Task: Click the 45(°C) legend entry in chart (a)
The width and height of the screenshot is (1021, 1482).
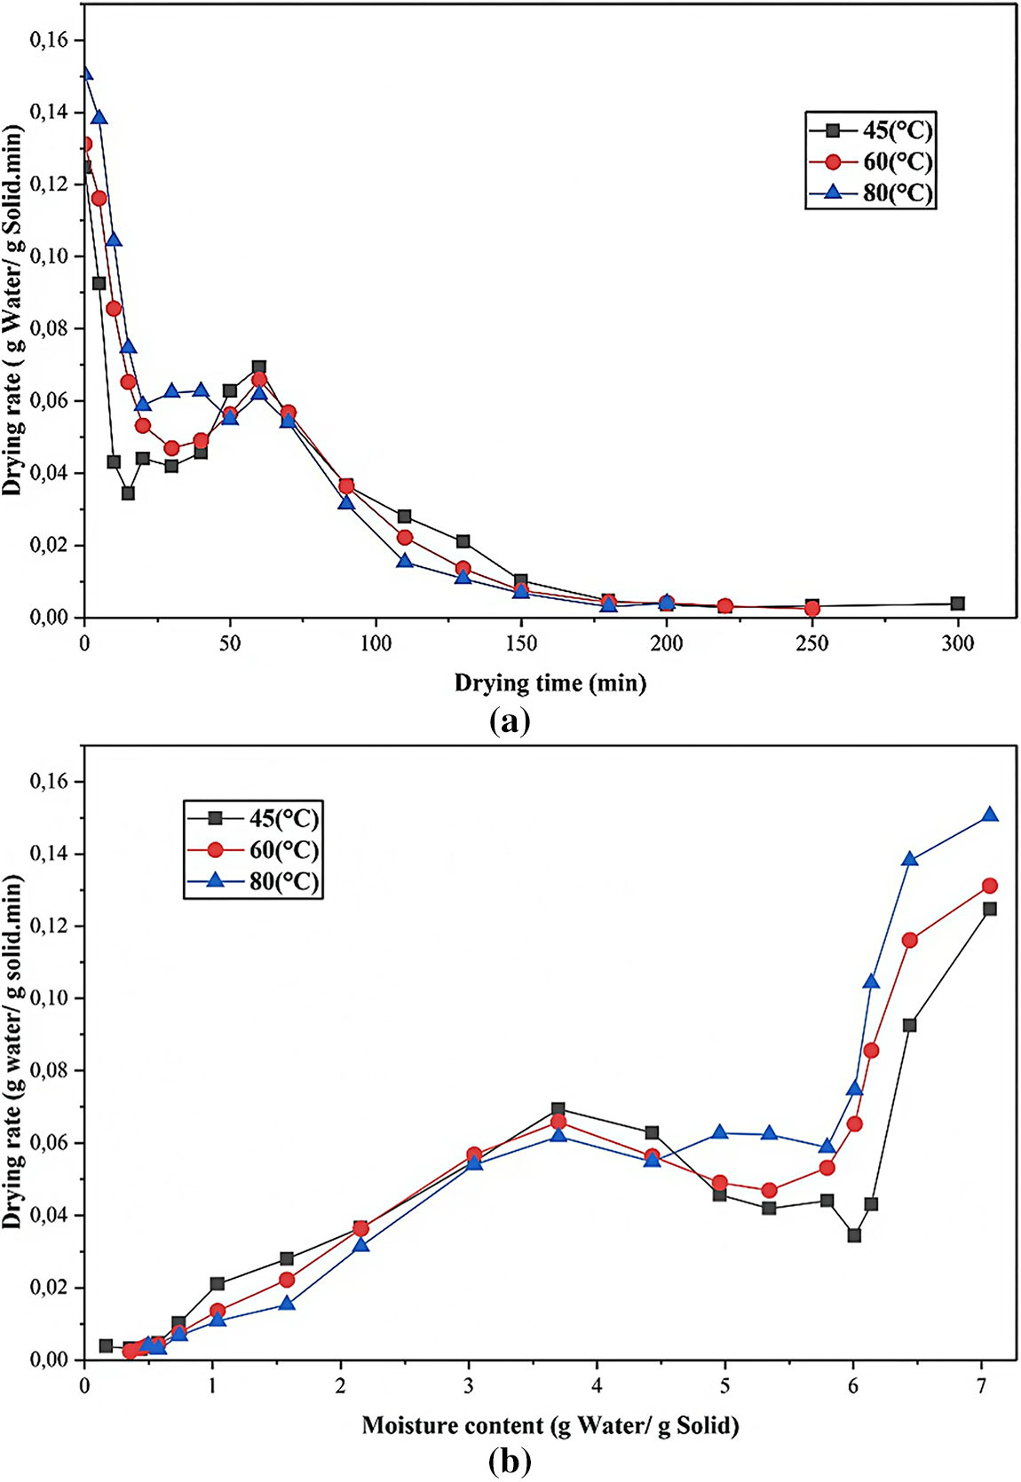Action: tap(897, 130)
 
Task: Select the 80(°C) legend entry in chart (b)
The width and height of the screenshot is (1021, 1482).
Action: tap(283, 882)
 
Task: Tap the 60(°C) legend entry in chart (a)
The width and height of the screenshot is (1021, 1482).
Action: tap(897, 162)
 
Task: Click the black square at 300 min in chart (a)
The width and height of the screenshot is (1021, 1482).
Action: tap(957, 603)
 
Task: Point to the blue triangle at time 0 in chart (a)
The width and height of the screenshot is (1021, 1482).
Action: tap(85, 73)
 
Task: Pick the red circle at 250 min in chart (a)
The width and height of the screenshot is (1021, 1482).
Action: tap(811, 609)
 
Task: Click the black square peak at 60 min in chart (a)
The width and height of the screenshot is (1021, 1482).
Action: tap(258, 367)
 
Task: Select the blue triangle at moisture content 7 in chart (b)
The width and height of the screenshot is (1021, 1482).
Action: tap(990, 815)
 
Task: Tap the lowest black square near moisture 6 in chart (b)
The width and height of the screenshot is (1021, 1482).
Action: tap(854, 1235)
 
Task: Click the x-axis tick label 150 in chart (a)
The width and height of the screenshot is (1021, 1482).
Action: tap(521, 643)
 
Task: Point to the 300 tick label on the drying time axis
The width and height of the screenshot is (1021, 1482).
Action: tap(957, 643)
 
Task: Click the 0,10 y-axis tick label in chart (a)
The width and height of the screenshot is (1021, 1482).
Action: tap(49, 256)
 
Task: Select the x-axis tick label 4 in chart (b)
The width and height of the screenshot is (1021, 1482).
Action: tap(597, 1386)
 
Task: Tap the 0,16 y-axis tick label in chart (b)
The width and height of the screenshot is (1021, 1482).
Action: tap(49, 782)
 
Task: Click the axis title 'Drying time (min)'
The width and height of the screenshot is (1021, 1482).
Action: tap(550, 683)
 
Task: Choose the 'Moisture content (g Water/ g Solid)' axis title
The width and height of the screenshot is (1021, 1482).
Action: tap(550, 1426)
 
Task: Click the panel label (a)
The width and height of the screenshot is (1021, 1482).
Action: tap(510, 721)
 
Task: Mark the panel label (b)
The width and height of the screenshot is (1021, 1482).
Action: tap(510, 1461)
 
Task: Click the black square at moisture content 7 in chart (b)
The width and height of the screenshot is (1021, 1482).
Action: tap(990, 909)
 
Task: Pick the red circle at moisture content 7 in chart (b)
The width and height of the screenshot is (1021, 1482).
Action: tap(990, 886)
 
